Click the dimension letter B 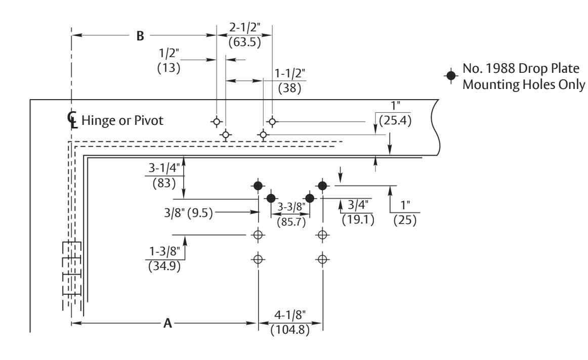pyautogui.click(x=140, y=36)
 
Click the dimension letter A pyautogui.click(x=167, y=323)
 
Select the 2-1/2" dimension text pyautogui.click(x=244, y=28)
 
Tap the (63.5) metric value pyautogui.click(x=244, y=42)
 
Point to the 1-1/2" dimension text pyautogui.click(x=290, y=73)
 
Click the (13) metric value pyautogui.click(x=169, y=68)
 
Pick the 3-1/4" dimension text pyautogui.click(x=164, y=168)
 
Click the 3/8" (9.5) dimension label pyautogui.click(x=188, y=213)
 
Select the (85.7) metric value pyautogui.click(x=291, y=222)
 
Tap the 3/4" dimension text pyautogui.click(x=358, y=205)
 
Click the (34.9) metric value pyautogui.click(x=164, y=266)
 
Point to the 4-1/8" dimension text pyautogui.click(x=290, y=315)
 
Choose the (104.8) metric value pyautogui.click(x=290, y=330)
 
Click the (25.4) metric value pyautogui.click(x=395, y=121)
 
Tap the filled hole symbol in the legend pyautogui.click(x=451, y=76)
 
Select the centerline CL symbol pyautogui.click(x=72, y=119)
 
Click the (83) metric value pyautogui.click(x=164, y=183)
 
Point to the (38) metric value pyautogui.click(x=290, y=88)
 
